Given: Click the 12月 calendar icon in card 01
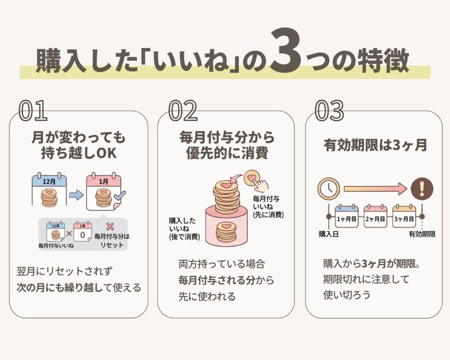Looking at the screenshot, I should [49, 190].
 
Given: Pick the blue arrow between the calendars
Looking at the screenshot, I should [76, 195].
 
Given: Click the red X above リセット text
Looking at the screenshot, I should [110, 227].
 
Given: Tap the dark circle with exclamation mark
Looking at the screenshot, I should [422, 189].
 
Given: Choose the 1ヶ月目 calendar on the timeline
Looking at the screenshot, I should [346, 216].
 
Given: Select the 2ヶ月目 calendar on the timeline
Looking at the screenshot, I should [375, 216].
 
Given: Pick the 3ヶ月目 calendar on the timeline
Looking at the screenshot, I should [404, 216].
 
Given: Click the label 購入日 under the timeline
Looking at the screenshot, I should [329, 234].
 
